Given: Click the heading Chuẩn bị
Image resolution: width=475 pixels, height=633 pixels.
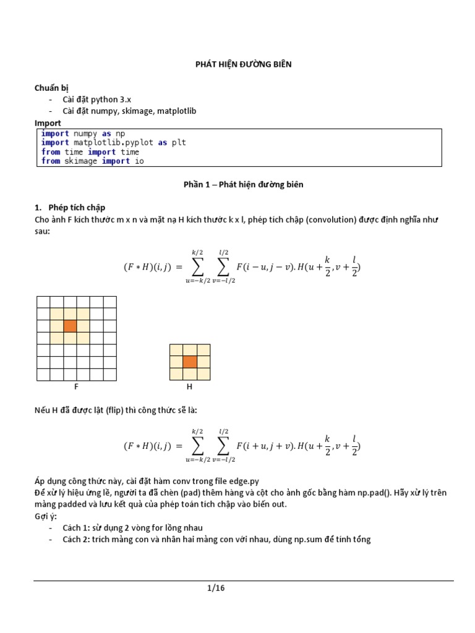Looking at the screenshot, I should [51, 88].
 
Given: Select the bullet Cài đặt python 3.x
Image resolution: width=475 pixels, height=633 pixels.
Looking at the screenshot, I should [97, 100].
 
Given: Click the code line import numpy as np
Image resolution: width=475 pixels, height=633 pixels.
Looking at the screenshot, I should [83, 134].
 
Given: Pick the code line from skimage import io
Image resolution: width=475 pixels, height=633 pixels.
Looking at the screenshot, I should [92, 161].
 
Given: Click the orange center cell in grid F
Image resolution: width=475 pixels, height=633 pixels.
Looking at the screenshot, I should [70, 326].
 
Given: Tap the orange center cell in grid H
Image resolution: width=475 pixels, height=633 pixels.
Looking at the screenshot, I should [190, 362].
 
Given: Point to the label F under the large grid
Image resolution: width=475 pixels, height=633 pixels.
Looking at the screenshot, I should [76, 387].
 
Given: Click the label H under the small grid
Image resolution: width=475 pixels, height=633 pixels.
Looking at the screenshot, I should [190, 387].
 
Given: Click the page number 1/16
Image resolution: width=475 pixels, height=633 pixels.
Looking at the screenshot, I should [216, 588].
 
